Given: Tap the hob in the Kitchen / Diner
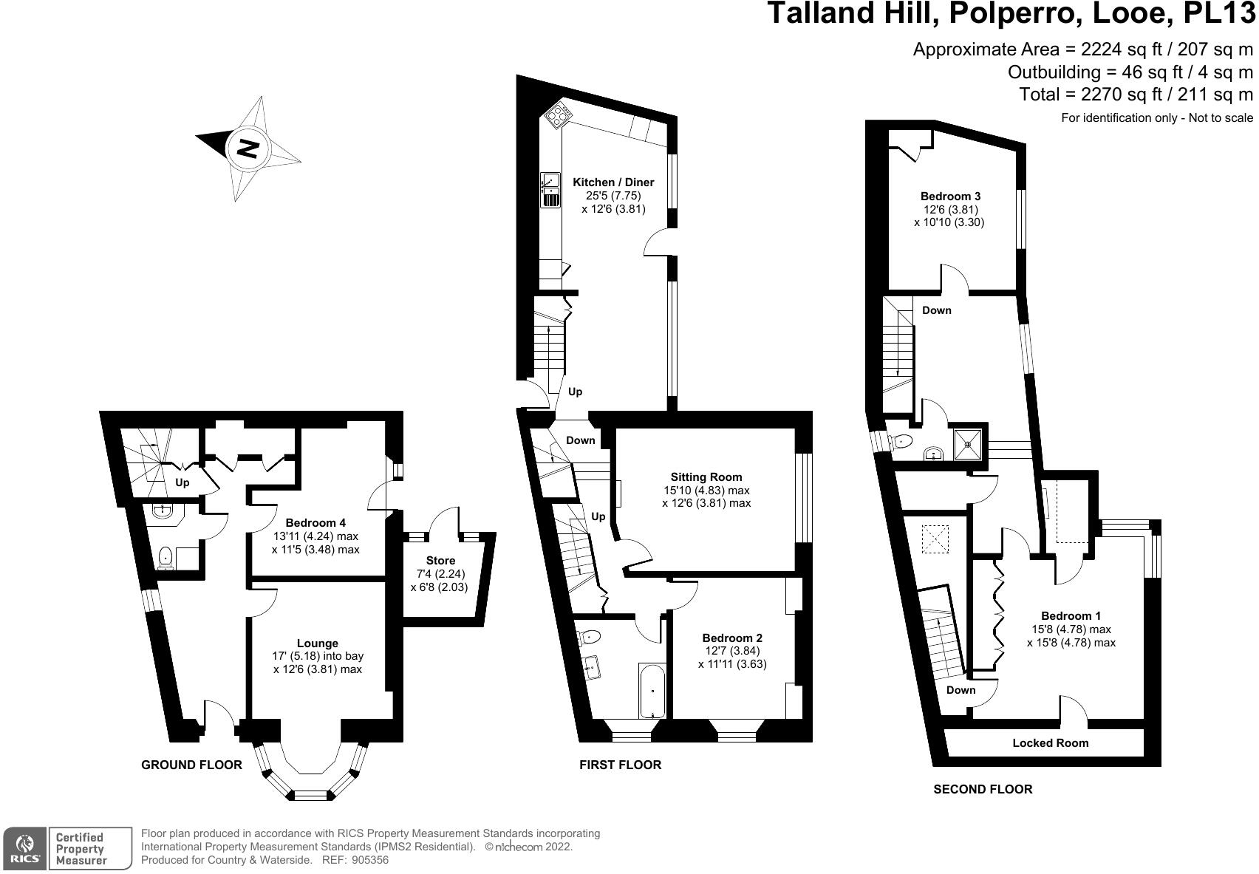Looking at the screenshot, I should coord(559,116).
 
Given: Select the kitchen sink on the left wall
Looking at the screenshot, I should coord(550,190).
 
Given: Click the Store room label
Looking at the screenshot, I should coord(440,561).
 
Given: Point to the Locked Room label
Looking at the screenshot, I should coord(1050,743).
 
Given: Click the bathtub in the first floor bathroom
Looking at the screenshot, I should coord(652,692).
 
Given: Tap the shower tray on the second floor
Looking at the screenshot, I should coord(968,444).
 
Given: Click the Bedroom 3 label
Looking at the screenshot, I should coord(950,197).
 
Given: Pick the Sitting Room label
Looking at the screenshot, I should coord(706,477).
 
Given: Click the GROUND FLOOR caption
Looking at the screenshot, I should coord(191,765).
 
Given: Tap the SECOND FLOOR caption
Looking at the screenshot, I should coord(983,790).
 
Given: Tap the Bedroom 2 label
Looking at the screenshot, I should coord(731,638).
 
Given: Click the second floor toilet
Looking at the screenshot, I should coord(901,442).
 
